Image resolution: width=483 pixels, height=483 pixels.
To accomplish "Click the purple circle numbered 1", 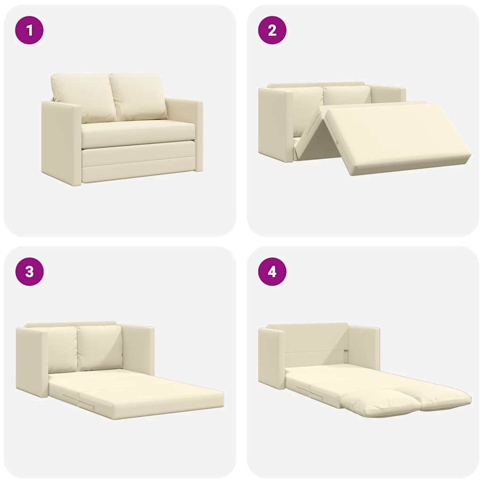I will (x=29, y=30).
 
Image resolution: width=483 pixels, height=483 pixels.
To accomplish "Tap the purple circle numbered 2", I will (x=272, y=30).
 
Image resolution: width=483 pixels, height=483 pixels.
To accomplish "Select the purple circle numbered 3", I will (x=29, y=272).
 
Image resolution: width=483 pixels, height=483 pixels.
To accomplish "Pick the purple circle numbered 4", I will (x=272, y=272).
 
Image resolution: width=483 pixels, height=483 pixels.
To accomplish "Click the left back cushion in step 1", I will (x=83, y=97).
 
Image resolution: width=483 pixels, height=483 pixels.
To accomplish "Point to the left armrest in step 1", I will (x=61, y=142).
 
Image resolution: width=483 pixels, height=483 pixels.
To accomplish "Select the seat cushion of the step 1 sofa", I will (x=138, y=134).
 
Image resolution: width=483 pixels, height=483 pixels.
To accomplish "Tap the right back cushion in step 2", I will (x=347, y=96).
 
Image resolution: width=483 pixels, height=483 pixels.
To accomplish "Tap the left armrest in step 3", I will (x=32, y=361).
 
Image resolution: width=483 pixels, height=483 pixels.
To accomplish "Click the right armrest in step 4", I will (x=364, y=347).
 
